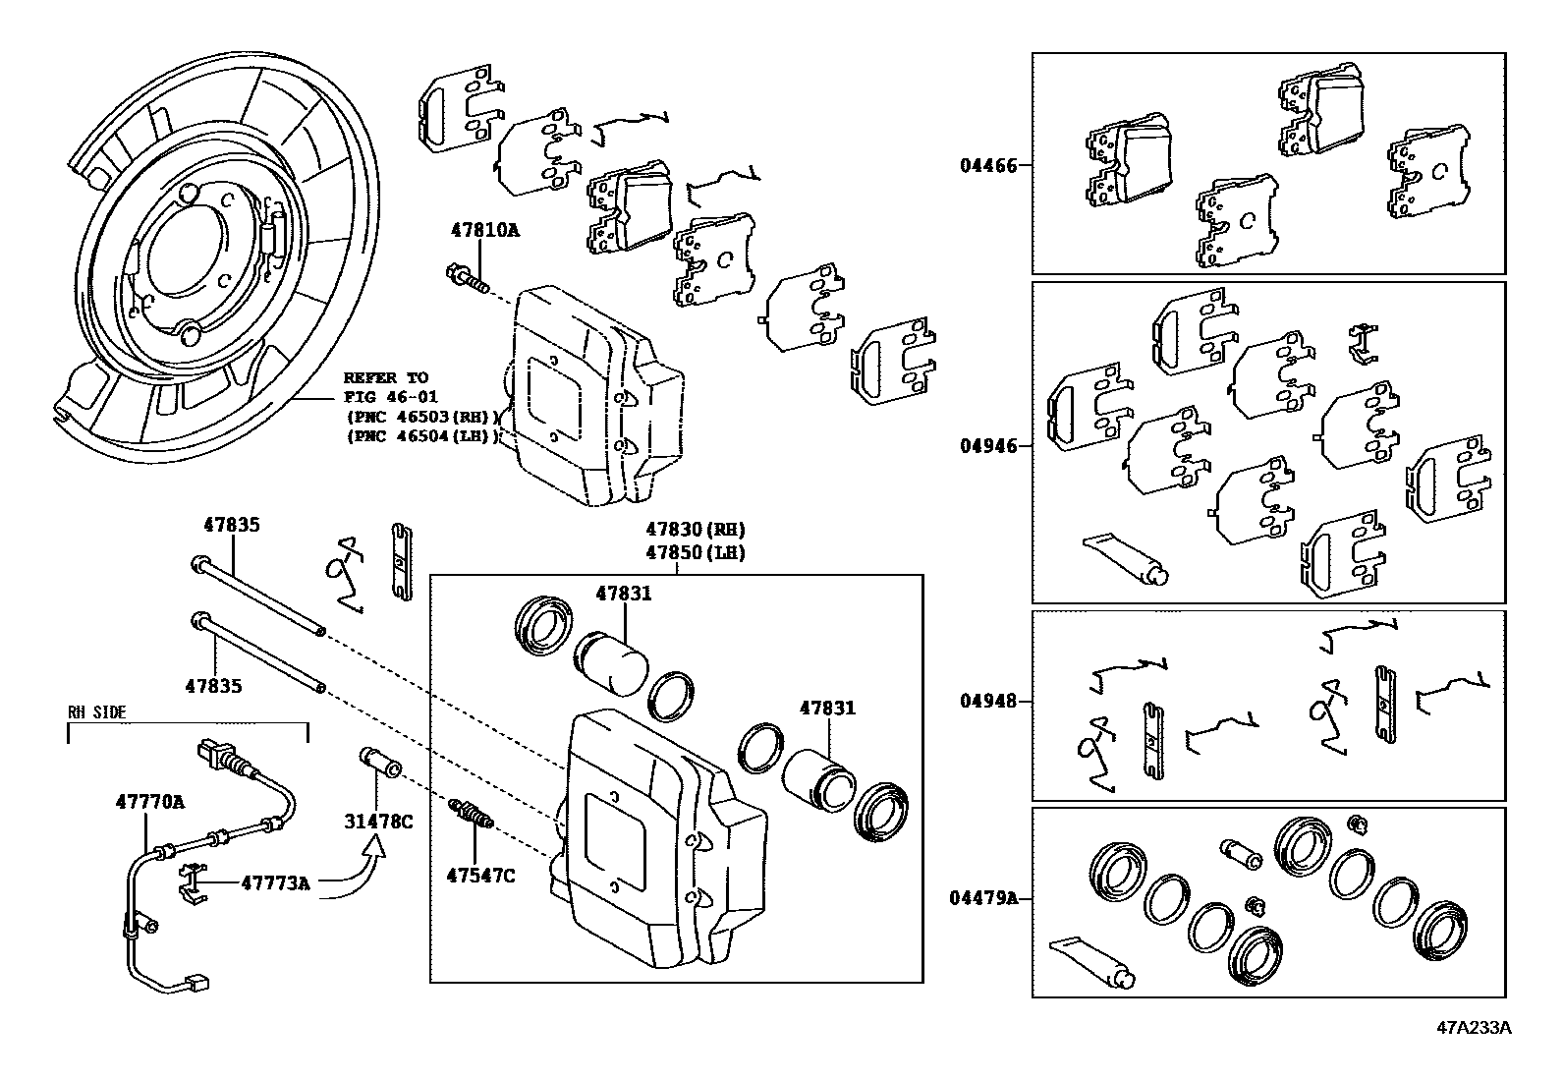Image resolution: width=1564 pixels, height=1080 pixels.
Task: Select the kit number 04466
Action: (988, 165)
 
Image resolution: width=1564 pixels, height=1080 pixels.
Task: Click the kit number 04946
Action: (988, 446)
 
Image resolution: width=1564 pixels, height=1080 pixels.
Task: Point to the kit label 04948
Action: (988, 702)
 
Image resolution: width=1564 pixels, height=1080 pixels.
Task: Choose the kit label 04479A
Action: (983, 898)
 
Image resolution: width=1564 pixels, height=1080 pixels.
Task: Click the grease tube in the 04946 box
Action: (1125, 558)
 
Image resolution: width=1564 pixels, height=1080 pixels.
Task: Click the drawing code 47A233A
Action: (1474, 1029)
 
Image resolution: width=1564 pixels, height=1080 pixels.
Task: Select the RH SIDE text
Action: (96, 712)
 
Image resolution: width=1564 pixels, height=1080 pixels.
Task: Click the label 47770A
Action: (149, 801)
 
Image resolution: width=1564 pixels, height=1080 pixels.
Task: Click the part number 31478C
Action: (377, 821)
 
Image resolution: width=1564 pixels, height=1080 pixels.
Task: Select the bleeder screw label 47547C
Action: (480, 875)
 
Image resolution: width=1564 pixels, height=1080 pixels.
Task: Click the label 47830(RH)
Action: (696, 529)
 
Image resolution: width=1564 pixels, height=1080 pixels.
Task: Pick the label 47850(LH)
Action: (696, 552)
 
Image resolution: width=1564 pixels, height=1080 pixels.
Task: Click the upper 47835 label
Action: (231, 525)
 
